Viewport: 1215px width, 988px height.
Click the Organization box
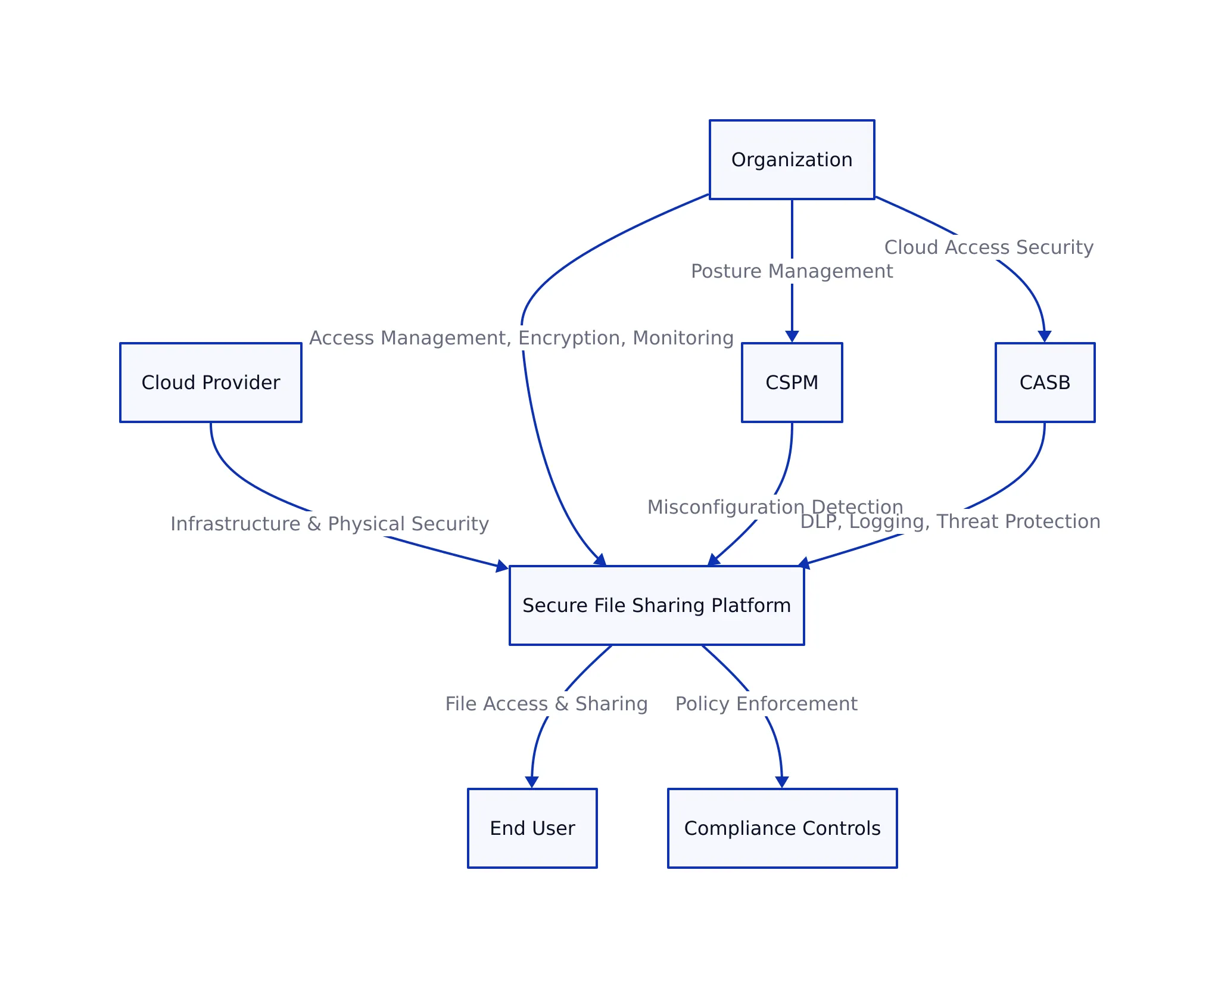792,160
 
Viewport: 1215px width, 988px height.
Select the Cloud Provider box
211,383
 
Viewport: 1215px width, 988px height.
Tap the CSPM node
792,383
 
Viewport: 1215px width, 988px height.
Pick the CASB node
1045,383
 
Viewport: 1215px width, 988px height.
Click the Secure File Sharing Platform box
656,605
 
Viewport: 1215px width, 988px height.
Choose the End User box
532,828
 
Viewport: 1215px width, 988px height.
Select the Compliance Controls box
782,828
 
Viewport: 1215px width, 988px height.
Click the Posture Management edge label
792,271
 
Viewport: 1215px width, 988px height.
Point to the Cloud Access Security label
989,247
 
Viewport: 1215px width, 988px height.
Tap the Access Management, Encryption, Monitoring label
521,338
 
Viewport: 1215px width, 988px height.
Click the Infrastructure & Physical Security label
329,524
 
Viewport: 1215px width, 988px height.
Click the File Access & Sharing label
546,704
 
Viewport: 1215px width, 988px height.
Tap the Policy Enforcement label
766,704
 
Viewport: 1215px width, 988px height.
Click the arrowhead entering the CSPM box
792,337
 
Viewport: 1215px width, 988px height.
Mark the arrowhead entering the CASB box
1044,337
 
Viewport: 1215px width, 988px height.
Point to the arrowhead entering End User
532,782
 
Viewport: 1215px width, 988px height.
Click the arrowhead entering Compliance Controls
782,782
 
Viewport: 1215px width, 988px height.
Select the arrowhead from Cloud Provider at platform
502,566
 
